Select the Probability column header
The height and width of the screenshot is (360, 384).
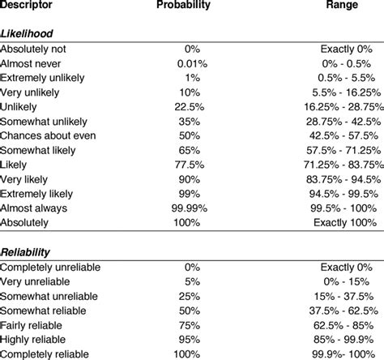183,6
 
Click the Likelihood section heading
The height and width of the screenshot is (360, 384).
26,32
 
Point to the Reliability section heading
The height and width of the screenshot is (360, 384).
26,251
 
